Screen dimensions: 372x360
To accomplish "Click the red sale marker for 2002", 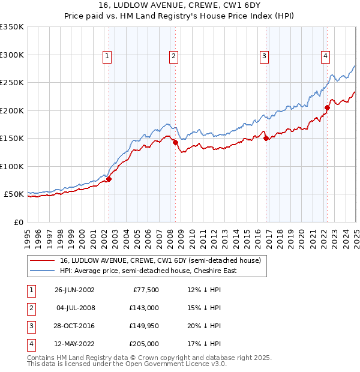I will [x=109, y=179].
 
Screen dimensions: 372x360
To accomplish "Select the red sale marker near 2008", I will [x=175, y=143].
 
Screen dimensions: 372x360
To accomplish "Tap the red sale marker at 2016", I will [x=266, y=139].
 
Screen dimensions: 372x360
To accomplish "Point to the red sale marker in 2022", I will [x=327, y=108].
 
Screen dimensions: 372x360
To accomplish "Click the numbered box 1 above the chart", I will [x=107, y=56].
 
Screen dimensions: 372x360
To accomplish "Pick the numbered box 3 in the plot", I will [x=264, y=56].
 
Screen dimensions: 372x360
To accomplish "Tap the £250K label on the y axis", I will [x=11, y=82].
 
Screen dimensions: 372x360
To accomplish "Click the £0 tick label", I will [x=18, y=222].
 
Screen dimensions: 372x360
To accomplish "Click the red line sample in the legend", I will [x=43, y=261].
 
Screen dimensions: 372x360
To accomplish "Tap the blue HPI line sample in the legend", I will [x=43, y=271].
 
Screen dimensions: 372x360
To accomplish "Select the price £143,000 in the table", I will [x=144, y=308].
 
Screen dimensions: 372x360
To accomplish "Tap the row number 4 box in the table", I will [x=31, y=344].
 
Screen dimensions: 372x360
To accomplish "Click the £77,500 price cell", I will [x=146, y=290].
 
